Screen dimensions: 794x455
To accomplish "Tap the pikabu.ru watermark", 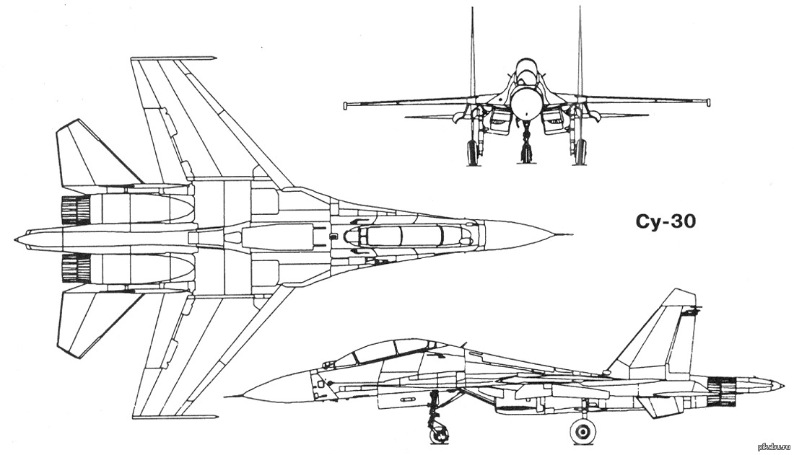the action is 773,446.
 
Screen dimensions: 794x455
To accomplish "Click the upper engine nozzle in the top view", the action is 76,210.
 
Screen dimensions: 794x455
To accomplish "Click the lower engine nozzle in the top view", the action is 76,268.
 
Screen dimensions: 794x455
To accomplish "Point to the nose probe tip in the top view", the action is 571,235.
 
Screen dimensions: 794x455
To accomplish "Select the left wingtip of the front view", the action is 346,105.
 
